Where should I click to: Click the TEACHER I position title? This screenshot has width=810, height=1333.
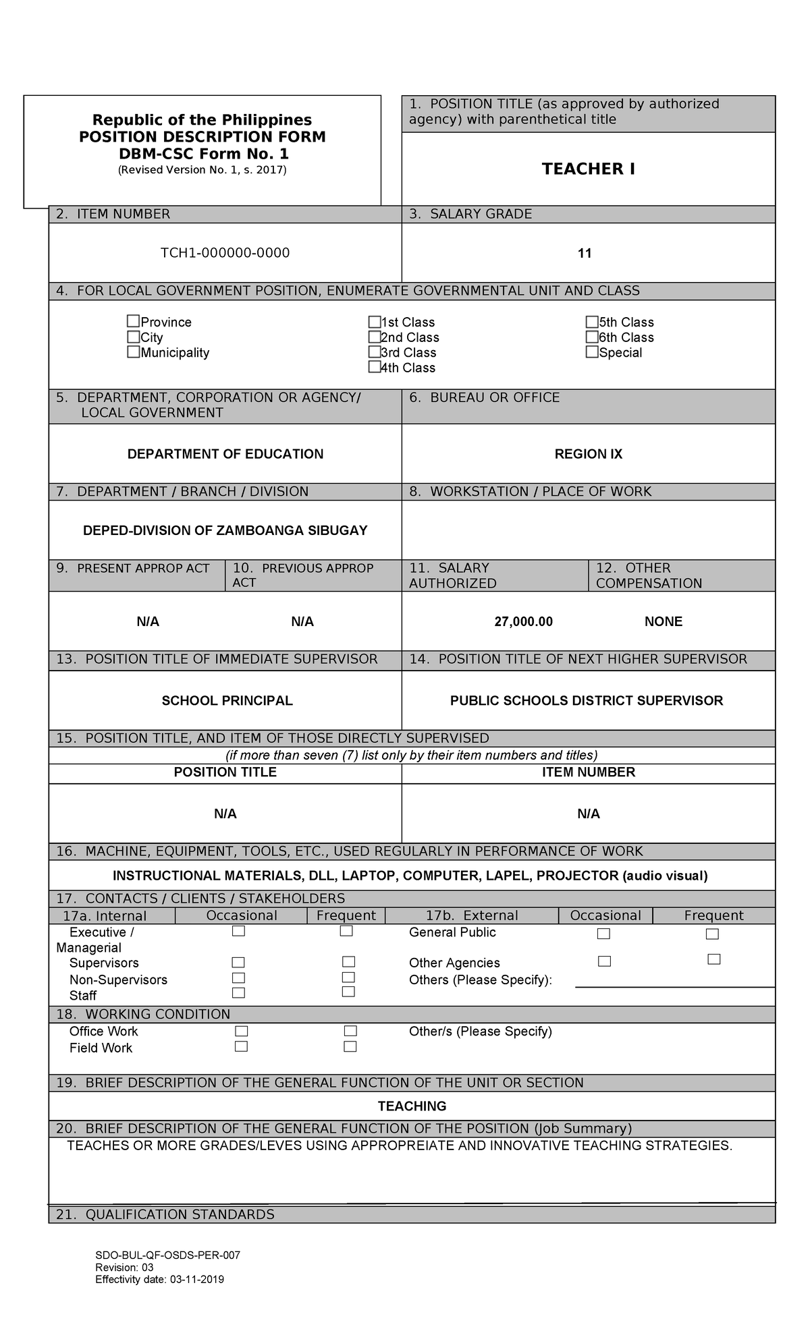pos(588,169)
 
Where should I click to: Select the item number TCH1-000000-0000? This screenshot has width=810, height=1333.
pos(225,253)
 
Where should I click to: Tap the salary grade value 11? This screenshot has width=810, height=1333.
pos(585,254)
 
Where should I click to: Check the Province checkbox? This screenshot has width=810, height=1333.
pos(134,321)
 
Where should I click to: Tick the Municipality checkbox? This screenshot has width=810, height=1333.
pos(134,351)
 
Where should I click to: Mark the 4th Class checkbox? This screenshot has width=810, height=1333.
pos(374,367)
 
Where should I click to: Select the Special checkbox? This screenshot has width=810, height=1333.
pos(592,351)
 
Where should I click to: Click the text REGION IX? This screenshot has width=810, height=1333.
pos(588,454)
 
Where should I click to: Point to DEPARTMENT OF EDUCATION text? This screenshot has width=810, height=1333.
pos(225,454)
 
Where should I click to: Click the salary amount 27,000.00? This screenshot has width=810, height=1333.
pos(523,621)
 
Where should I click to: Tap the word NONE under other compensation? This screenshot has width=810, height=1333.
pos(663,621)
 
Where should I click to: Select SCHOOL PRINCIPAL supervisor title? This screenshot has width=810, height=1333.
pos(227,701)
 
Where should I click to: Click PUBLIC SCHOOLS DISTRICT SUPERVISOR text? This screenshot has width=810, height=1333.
pos(586,701)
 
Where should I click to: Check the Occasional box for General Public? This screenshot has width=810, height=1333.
pos(603,934)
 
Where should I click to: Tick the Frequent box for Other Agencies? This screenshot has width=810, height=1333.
pos(714,959)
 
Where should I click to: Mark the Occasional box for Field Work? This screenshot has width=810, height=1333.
pos(241,1046)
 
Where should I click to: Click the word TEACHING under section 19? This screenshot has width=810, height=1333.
pos(412,1106)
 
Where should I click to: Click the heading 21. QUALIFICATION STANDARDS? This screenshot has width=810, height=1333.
pos(165,1215)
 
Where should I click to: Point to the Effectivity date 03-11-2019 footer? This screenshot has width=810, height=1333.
pos(159,1280)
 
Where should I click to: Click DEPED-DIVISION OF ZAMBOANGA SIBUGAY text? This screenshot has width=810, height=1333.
pos(225,530)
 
